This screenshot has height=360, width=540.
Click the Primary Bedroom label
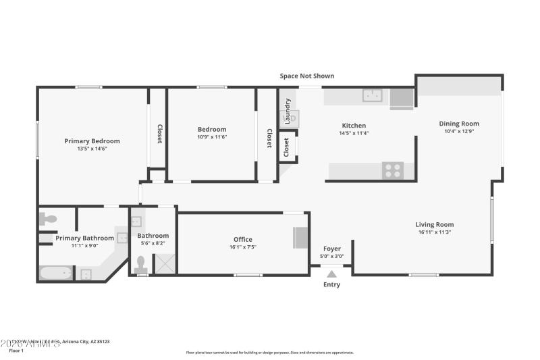pyautogui.click(x=92, y=141)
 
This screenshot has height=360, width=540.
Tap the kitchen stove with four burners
pyautogui.click(x=393, y=170)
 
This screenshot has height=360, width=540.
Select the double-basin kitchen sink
pyautogui.click(x=372, y=96)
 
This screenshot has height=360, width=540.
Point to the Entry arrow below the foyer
pyautogui.click(x=331, y=274)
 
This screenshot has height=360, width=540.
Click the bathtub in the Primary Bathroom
pyautogui.click(x=56, y=274)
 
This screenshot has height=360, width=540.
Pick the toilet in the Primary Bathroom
pyautogui.click(x=49, y=219)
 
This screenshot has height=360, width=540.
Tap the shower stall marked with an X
pyautogui.click(x=165, y=263)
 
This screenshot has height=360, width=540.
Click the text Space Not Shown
pyautogui.click(x=306, y=76)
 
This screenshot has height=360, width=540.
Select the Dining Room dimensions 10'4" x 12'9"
pyautogui.click(x=459, y=132)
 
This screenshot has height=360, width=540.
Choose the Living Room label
pyautogui.click(x=434, y=224)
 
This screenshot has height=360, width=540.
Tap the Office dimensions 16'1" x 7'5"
pyautogui.click(x=242, y=247)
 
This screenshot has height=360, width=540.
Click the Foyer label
pyautogui.click(x=331, y=249)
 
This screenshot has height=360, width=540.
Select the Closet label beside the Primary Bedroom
pyautogui.click(x=159, y=134)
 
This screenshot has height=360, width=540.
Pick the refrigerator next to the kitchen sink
pyautogui.click(x=402, y=99)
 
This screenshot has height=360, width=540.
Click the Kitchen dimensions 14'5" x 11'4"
pyautogui.click(x=354, y=134)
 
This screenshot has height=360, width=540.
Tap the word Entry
pyautogui.click(x=331, y=284)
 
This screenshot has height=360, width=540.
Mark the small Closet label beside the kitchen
pyautogui.click(x=286, y=147)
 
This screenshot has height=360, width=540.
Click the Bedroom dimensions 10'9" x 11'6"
pyautogui.click(x=211, y=137)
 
